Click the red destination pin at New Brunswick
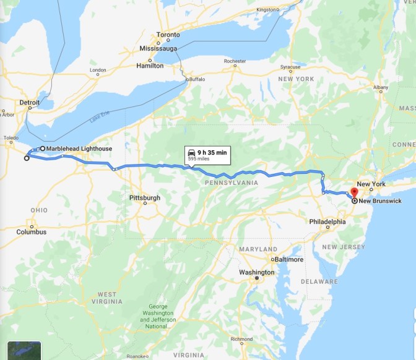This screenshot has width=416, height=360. [x=354, y=192]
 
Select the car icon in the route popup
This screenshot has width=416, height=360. [x=193, y=152]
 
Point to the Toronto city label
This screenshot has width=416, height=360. [x=168, y=35]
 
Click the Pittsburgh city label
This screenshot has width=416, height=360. [x=144, y=198]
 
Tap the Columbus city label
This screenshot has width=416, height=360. [x=32, y=232]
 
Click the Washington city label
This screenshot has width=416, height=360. [x=257, y=273]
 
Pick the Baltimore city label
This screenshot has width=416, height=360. [x=288, y=259]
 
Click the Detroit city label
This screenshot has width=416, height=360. [x=30, y=102]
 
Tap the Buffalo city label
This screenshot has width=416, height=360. [x=196, y=79]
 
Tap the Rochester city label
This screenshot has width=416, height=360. [x=235, y=61]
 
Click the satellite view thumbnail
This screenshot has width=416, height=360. [x=24, y=350]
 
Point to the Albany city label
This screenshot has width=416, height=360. [x=380, y=88]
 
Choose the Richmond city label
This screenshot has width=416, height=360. [x=241, y=340]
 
